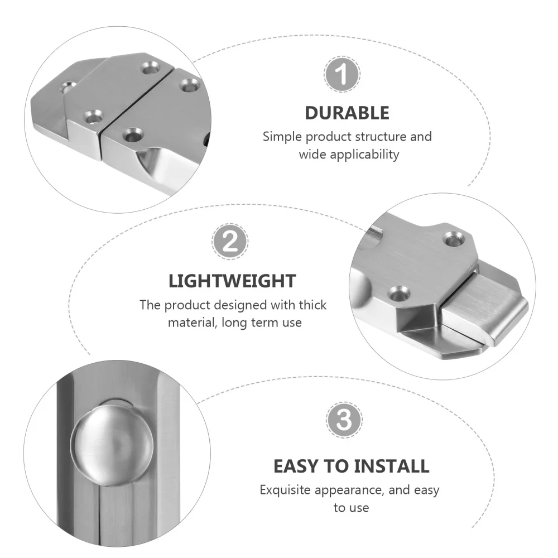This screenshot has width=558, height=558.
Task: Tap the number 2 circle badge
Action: pos(230,241)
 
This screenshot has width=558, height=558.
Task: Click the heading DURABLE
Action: pos(347,113)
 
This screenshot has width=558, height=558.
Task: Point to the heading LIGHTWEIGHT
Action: pos(232,280)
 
